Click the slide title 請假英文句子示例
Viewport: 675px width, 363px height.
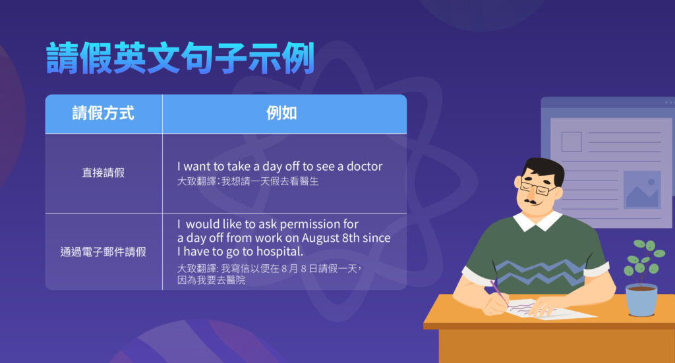tap(179, 59)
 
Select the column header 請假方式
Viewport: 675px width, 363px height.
tap(103, 113)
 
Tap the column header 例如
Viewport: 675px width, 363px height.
tap(281, 113)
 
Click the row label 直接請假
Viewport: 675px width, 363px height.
tap(103, 173)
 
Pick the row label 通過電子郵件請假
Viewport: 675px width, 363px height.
tap(103, 251)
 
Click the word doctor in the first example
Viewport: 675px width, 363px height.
tap(365, 167)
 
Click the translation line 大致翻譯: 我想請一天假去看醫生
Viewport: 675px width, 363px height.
tap(248, 181)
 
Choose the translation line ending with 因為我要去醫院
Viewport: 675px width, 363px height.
tap(211, 280)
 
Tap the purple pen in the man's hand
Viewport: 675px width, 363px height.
tap(499, 293)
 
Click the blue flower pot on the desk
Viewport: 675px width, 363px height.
tap(641, 299)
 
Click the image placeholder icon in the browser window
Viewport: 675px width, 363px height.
tap(642, 190)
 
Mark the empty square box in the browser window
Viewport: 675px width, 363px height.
tap(571, 142)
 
